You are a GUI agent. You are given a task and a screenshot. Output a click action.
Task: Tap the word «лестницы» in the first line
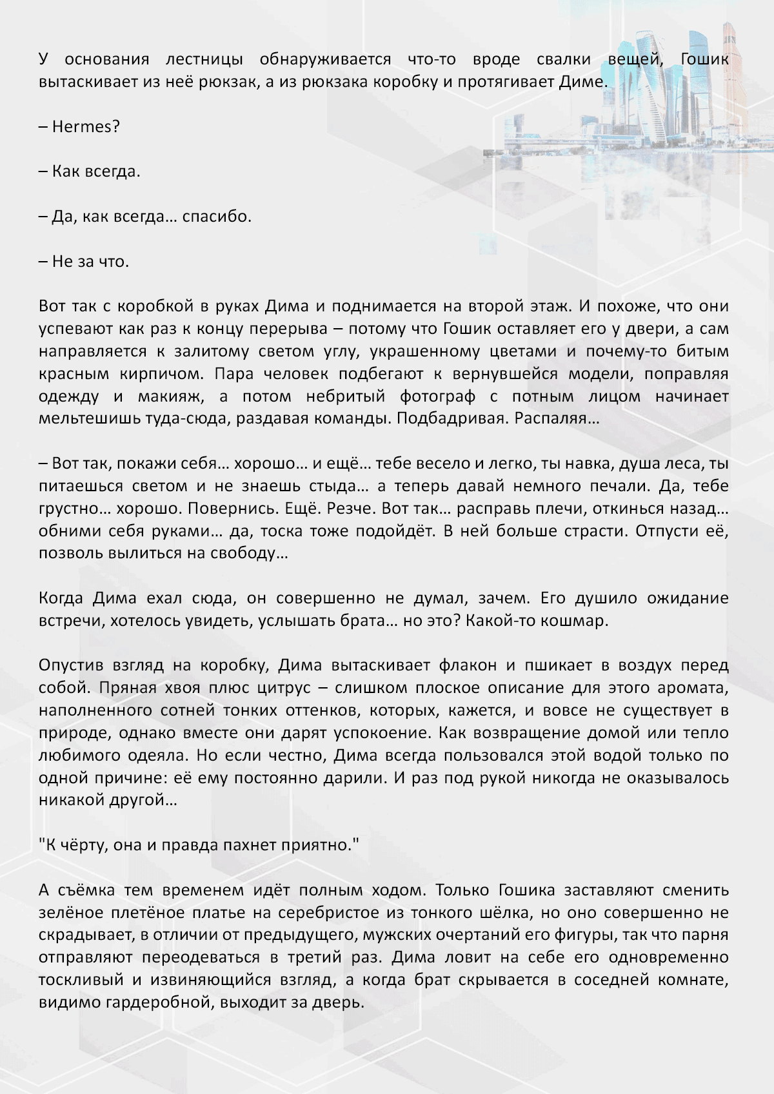click(x=204, y=60)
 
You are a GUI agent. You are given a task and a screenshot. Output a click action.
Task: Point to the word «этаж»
click(x=546, y=306)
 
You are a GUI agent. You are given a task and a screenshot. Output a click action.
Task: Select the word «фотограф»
click(x=437, y=396)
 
